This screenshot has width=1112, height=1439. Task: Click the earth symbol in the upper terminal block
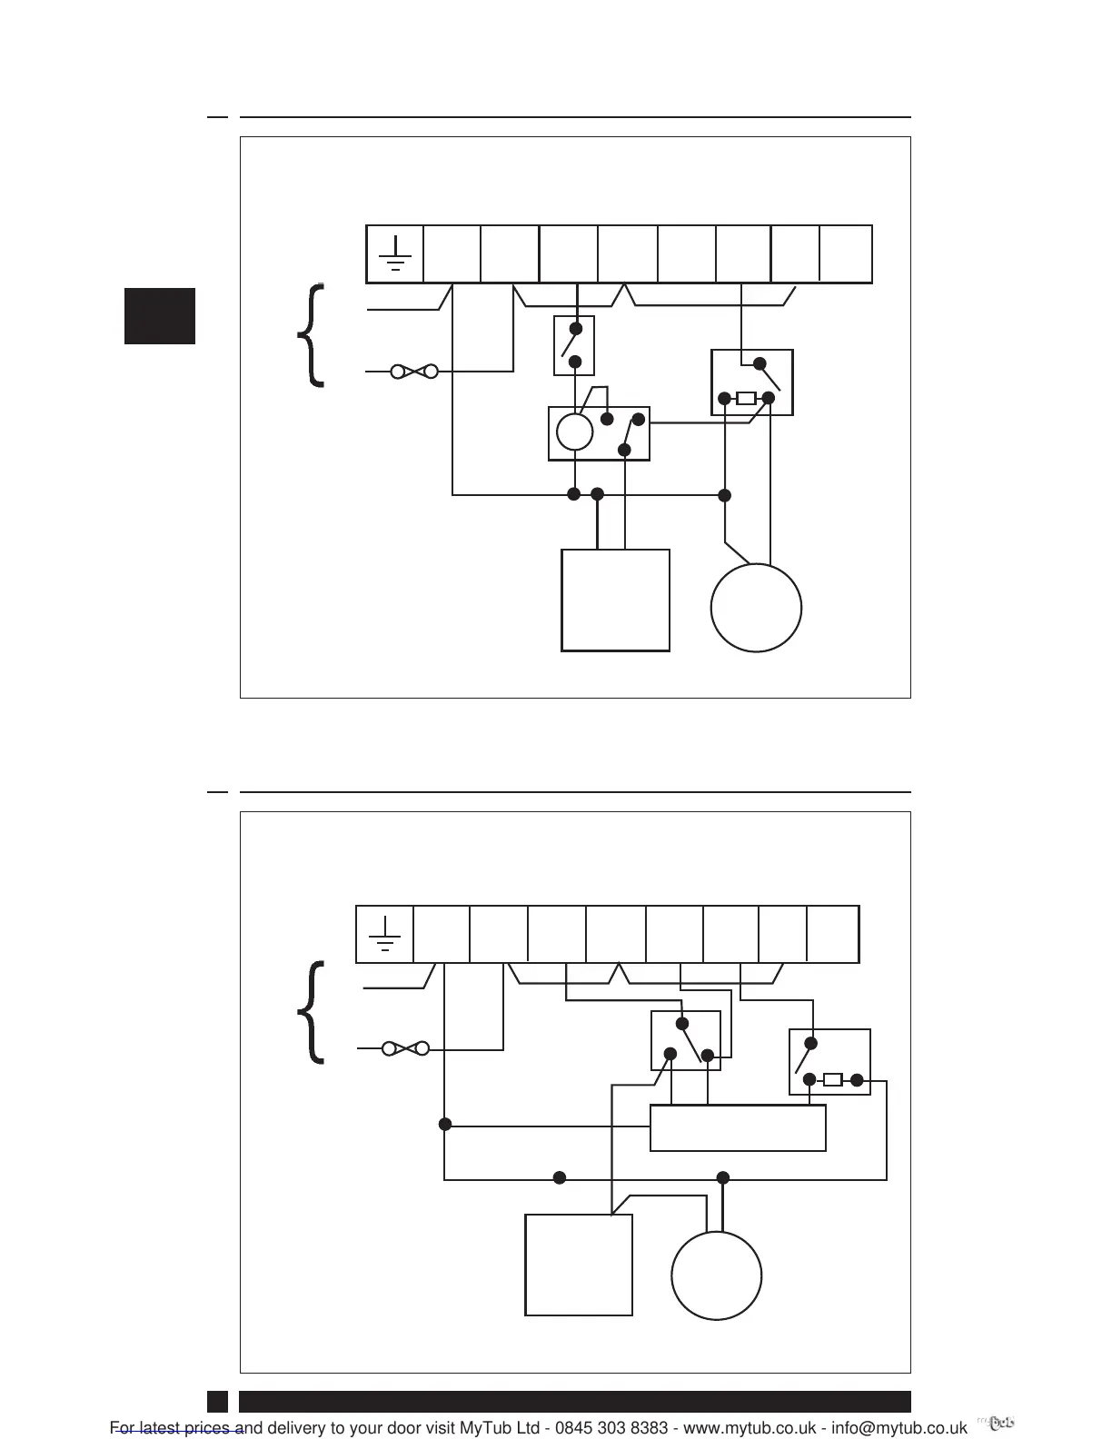tap(395, 254)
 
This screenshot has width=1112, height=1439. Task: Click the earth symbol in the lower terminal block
tap(385, 934)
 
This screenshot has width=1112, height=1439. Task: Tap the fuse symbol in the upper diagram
tap(414, 372)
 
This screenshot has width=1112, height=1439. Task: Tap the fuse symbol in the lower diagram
tap(405, 1048)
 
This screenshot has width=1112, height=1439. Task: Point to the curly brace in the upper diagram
tap(313, 335)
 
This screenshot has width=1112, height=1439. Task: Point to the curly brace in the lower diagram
tap(313, 1012)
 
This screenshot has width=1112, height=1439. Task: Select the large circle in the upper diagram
tap(756, 608)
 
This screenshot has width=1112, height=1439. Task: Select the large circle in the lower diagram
tap(716, 1275)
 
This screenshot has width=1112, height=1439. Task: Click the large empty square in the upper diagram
tap(616, 600)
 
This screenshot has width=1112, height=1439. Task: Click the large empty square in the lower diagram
tap(579, 1265)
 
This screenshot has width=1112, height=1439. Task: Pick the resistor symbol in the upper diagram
tap(746, 398)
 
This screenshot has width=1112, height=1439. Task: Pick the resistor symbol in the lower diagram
tap(832, 1080)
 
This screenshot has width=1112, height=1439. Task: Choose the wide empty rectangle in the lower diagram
tap(738, 1128)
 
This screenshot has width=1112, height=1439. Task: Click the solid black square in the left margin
tap(160, 316)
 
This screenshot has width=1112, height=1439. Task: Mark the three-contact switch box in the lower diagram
tap(686, 1040)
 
